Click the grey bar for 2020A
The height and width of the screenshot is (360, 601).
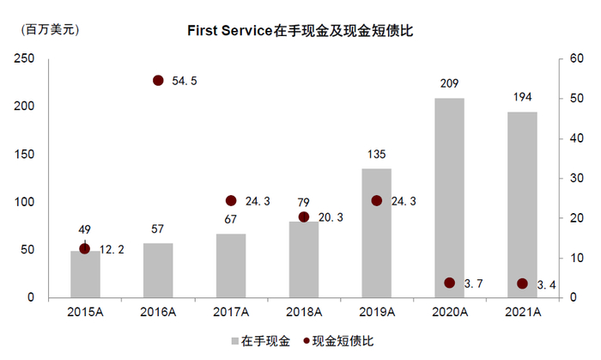click(x=449, y=198)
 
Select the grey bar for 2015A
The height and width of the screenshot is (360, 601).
click(x=85, y=274)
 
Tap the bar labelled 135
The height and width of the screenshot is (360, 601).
click(x=376, y=233)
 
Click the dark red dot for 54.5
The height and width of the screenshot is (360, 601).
click(x=158, y=80)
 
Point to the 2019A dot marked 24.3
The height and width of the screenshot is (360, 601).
click(x=376, y=200)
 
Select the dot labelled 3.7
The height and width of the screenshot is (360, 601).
click(x=449, y=283)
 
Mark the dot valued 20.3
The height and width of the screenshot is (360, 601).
click(x=303, y=217)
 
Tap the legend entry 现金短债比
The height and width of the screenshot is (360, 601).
click(x=337, y=341)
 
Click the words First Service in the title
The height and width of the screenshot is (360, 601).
click(x=230, y=30)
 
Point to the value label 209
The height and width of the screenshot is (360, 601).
click(x=449, y=84)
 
